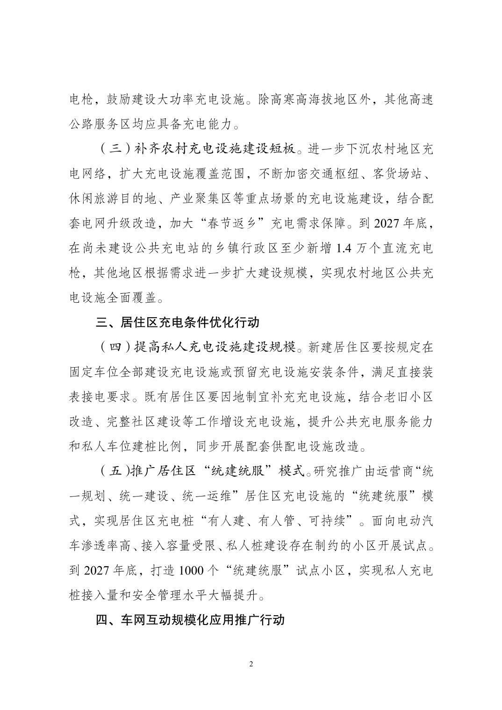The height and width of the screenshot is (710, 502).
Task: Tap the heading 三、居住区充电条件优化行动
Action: pyautogui.click(x=177, y=322)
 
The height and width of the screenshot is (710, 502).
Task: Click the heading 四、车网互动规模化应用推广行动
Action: pyautogui.click(x=190, y=620)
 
